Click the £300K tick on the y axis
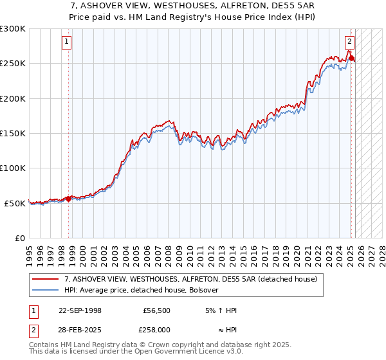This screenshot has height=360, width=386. (13, 29)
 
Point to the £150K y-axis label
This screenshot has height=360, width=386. (13, 133)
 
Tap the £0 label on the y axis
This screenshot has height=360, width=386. (21, 238)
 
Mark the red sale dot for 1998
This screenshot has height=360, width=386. (69, 199)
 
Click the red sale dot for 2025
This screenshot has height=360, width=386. (352, 59)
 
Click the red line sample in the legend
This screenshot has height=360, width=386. (46, 280)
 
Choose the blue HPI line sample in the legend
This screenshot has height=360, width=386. (46, 290)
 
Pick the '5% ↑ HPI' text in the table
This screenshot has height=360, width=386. (219, 310)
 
